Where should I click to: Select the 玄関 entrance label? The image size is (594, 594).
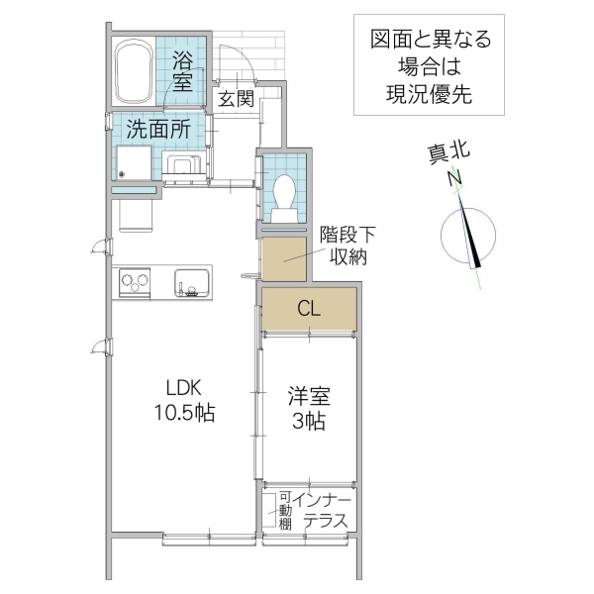(237, 99)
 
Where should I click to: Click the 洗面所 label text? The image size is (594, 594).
(157, 128)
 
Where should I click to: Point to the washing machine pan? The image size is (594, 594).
(135, 163)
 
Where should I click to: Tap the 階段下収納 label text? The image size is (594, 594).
(346, 247)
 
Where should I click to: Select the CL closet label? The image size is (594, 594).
(308, 309)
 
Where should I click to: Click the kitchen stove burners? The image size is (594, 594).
(135, 282)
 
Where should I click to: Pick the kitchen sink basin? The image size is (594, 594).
(192, 281)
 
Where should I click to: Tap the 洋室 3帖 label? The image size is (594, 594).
(309, 408)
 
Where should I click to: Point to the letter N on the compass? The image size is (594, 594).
(454, 179)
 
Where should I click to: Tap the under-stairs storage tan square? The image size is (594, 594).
(284, 258)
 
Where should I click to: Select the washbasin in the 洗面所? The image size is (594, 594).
(182, 165)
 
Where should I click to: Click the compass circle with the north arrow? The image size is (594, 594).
(465, 236)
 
